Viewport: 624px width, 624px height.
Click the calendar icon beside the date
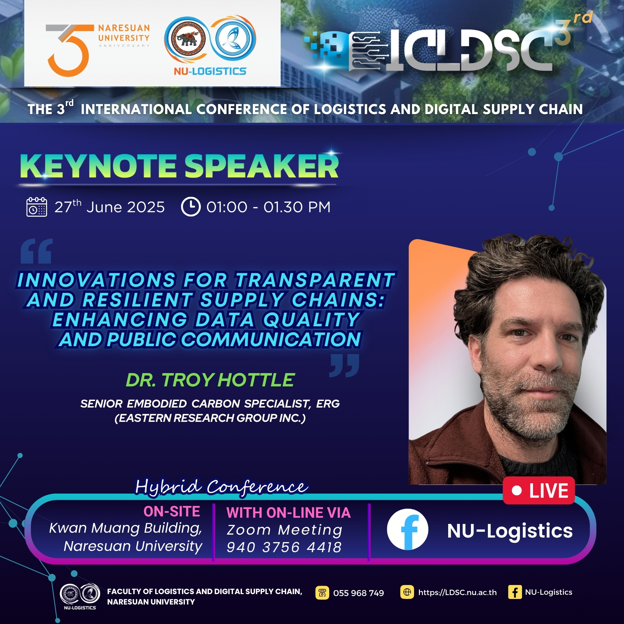[x=37, y=207]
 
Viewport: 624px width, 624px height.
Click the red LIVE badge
[x=539, y=490]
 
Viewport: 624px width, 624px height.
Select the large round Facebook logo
[x=408, y=529]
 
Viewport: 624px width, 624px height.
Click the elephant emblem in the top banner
[x=187, y=39]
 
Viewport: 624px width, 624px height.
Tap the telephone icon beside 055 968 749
[x=322, y=593]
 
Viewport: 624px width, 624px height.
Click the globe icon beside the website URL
[x=407, y=592]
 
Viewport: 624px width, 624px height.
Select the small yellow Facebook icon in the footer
[x=515, y=592]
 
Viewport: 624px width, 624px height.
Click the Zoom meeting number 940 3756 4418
[x=284, y=547]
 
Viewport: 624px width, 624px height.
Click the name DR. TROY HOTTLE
[x=210, y=380]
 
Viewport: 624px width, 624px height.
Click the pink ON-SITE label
[x=172, y=512]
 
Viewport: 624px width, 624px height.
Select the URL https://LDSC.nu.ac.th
[x=457, y=592]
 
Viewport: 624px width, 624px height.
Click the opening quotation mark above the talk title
[x=36, y=251]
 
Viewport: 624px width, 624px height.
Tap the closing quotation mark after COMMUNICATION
[x=344, y=366]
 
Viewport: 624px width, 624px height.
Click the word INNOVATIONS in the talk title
[x=97, y=280]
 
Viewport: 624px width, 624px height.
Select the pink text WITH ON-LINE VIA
[x=289, y=513]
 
